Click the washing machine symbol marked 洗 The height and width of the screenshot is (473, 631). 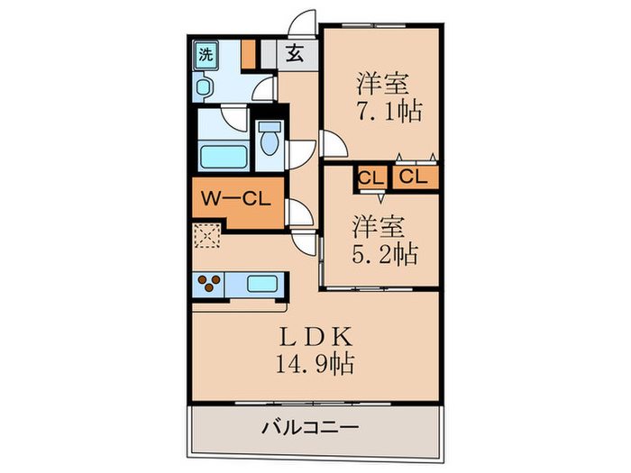point(206,54)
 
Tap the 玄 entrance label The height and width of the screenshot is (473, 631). point(295,54)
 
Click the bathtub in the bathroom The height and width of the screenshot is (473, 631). point(223,157)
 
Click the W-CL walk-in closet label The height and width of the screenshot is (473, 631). point(235,199)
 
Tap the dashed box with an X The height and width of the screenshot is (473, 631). point(206,237)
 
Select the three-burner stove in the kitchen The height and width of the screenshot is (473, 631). point(207,285)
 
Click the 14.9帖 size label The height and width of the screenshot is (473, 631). point(315,365)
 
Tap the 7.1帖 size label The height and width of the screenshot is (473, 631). point(389,113)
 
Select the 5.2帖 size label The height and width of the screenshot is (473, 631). point(383,255)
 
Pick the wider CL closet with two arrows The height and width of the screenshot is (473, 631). point(413,177)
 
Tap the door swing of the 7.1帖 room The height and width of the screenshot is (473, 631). point(331,144)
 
